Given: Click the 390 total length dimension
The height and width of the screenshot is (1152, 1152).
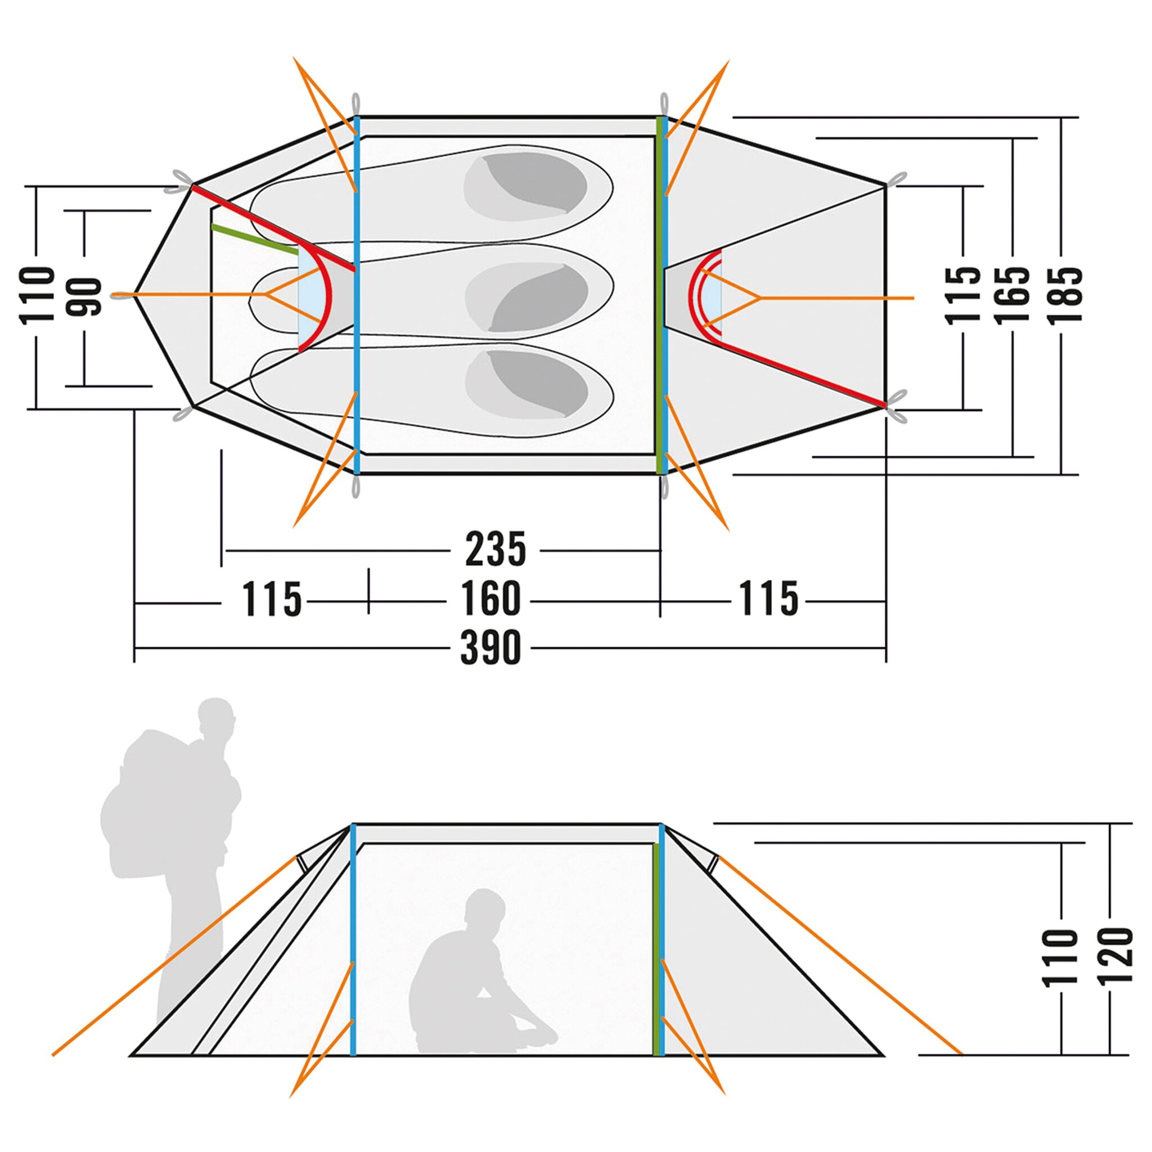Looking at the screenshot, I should tap(490, 647).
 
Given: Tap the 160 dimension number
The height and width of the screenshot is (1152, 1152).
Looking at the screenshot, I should tap(490, 599).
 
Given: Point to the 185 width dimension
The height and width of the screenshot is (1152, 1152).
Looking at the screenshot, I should tap(1064, 295).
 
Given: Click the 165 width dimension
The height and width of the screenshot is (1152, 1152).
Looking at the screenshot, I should tap(1013, 295).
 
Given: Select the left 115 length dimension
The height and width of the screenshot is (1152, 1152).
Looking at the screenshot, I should tap(271, 599).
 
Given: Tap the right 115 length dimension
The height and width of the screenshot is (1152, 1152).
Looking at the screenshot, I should tap(768, 599).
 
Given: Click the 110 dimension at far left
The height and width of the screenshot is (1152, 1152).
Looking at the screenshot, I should tap(37, 295).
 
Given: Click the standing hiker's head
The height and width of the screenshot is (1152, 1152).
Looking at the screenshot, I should tap(216, 718).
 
